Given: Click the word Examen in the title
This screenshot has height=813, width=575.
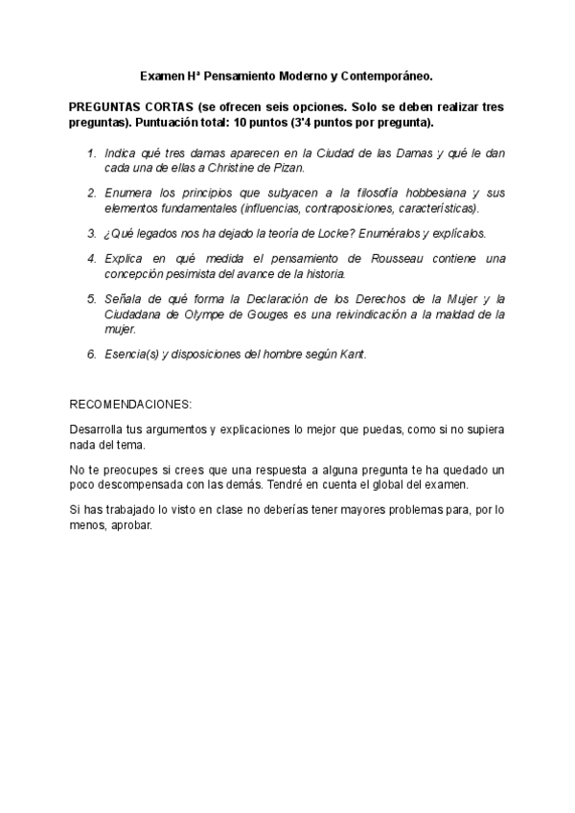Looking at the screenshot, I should tap(161, 73).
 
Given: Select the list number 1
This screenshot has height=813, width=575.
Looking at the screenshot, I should tap(92, 154).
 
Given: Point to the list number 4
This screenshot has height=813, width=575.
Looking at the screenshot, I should tap(92, 259).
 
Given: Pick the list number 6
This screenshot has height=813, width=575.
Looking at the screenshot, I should tap(92, 353).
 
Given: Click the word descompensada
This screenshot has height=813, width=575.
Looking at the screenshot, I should tap(141, 485).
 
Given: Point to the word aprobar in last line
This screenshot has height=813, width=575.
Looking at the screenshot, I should tap(130, 525).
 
